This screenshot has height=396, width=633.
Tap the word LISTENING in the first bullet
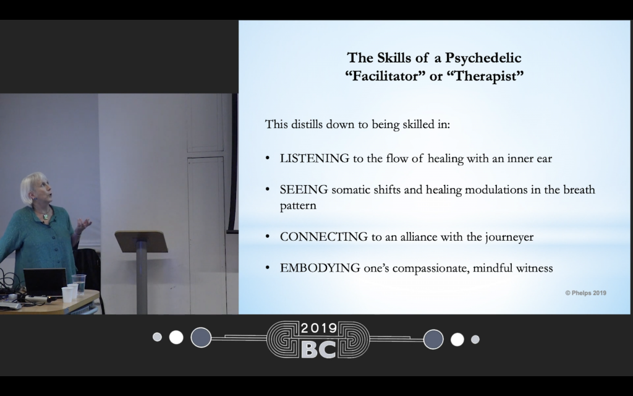coord(315,158)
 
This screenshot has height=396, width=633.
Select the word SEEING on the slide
coord(304,189)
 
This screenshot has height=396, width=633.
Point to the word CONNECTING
coord(324,237)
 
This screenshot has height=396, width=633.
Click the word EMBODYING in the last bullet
coord(320,268)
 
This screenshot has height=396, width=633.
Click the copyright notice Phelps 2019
coord(585,293)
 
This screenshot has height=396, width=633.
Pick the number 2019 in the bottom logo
coord(318,328)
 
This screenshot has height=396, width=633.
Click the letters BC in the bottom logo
coord(318,349)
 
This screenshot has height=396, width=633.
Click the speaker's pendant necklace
coord(46,216)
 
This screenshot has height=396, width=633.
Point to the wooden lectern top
coord(142,241)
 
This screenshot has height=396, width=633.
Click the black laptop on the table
coord(45,282)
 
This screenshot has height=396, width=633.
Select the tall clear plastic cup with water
coord(79,284)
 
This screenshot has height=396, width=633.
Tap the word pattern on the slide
coord(298,205)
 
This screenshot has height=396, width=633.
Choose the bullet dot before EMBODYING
coord(267,268)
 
